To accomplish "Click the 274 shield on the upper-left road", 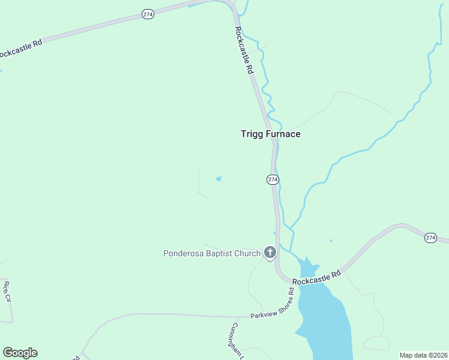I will pos(148,14).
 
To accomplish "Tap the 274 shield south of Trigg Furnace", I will pos(273,179).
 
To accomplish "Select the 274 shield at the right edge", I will pos(430,238).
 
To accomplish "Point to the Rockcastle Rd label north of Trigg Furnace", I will pos(245,50).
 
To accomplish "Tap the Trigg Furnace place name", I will pos(270,134).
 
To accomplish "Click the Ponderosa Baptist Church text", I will pos(212,253).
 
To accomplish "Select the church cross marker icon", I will pos(270,253).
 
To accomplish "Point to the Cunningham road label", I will pos(236,341).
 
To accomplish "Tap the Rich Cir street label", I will pos(8,291).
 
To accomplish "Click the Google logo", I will pos(20,353).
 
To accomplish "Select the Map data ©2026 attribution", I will pos(423,355).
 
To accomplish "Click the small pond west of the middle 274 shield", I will pos(218,179).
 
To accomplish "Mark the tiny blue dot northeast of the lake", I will pos(331,241).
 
